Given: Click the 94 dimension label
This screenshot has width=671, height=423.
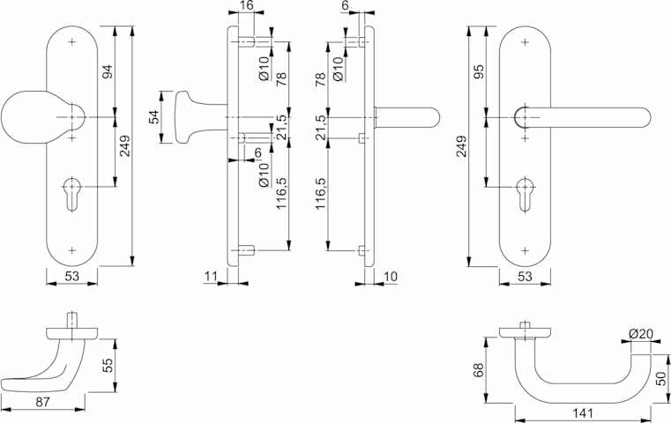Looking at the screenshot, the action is point(107,71).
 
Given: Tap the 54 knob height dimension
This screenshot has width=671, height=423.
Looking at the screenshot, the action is point(153,116).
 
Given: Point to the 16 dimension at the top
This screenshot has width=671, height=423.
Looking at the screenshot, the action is point(247,5).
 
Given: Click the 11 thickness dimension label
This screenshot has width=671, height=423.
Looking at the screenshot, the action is point(211,277).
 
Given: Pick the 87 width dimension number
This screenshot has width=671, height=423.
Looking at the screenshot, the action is point(42,402).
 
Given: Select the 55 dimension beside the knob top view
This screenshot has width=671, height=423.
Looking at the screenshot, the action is point(107,365).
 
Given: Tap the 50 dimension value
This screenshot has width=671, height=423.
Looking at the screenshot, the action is point(661,379).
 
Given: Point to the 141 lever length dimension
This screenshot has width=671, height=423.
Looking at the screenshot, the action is point(583,413).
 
